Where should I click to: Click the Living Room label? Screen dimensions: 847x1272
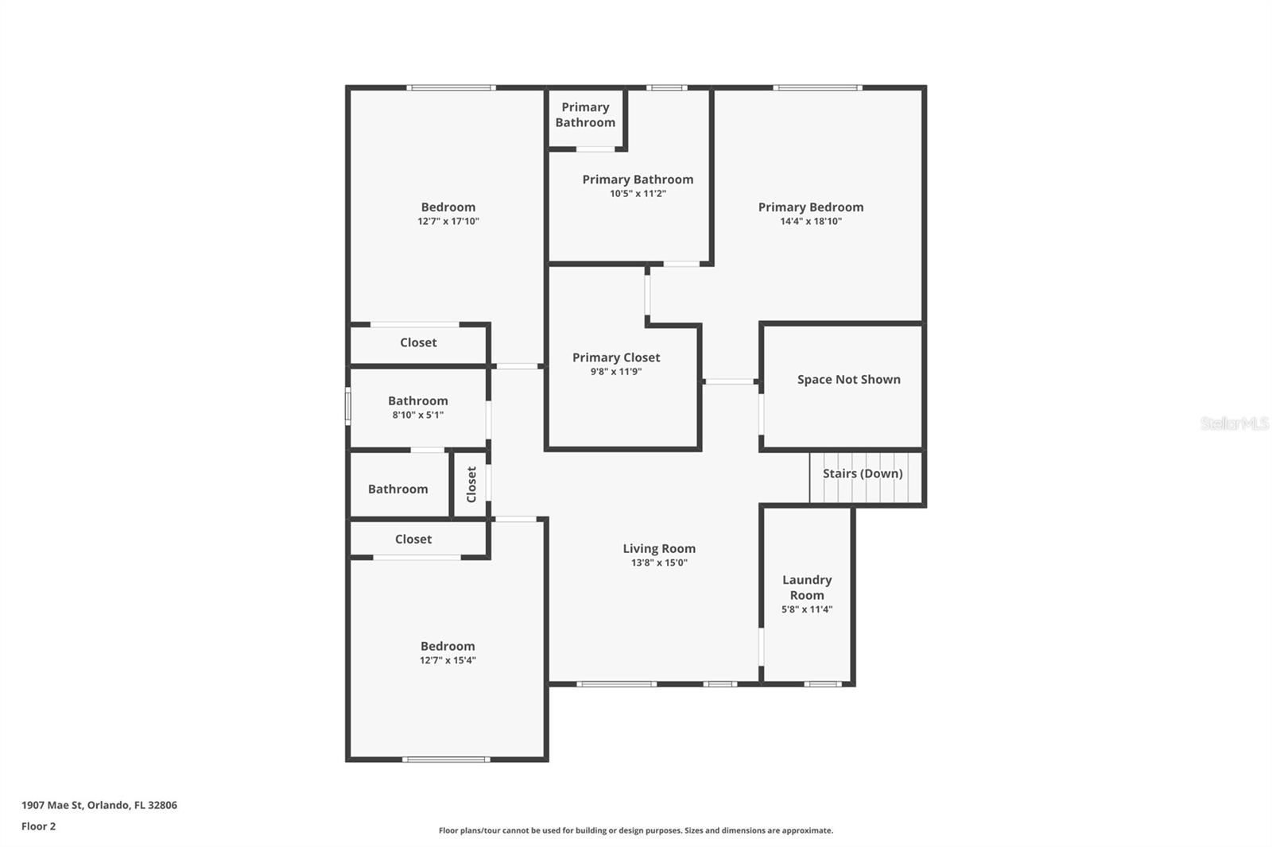[x=659, y=548]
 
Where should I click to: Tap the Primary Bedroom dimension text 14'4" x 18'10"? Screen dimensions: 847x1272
[x=811, y=222]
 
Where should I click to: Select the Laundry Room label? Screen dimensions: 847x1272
[x=807, y=588]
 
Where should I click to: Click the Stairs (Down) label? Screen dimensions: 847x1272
[x=863, y=474]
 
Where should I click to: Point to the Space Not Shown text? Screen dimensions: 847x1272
[x=849, y=380]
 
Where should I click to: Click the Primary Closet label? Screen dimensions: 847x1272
[x=616, y=358]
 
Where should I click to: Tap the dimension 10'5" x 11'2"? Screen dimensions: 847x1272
[x=638, y=194]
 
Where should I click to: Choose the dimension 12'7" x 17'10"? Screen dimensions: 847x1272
[x=448, y=222]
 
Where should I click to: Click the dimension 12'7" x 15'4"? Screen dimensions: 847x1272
[x=448, y=660]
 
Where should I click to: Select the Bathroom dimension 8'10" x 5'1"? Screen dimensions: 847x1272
[x=418, y=415]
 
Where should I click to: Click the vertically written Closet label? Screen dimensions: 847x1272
[x=471, y=485]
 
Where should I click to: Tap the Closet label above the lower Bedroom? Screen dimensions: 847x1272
[x=413, y=540]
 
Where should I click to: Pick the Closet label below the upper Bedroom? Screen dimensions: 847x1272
[x=418, y=342]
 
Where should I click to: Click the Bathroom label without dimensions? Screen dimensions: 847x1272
[x=397, y=489]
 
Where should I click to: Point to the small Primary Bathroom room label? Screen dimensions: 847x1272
[x=585, y=114]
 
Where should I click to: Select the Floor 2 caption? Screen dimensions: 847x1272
[x=38, y=826]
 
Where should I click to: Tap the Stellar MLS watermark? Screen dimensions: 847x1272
[x=1234, y=423]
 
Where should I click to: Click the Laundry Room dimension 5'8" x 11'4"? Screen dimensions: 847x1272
[x=807, y=610]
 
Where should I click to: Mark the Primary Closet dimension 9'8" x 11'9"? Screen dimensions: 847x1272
[x=616, y=372]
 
